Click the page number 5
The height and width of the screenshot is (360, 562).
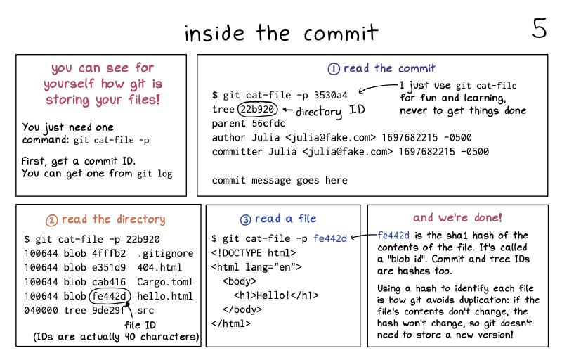(539, 28)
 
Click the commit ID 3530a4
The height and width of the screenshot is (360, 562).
(330, 95)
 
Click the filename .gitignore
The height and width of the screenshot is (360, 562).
(165, 254)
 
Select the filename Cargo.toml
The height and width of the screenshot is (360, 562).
(165, 282)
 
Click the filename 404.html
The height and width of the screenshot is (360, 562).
(159, 267)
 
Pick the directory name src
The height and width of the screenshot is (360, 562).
(145, 310)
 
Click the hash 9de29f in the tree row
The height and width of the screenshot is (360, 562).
(109, 310)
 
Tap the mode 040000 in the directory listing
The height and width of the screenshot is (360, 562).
(41, 310)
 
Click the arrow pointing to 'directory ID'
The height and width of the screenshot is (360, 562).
(287, 110)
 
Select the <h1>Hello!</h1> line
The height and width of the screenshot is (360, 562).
(276, 295)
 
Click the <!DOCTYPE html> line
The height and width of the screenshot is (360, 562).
(254, 253)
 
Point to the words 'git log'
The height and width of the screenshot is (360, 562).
(155, 174)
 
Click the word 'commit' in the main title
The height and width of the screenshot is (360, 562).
(341, 33)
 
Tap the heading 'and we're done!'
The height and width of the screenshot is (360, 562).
(458, 217)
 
